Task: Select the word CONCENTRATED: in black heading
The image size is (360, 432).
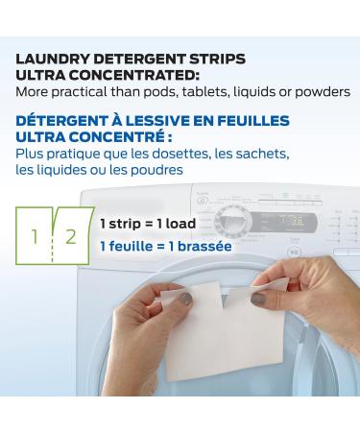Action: coord(134,76)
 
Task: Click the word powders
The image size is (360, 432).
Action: coord(323,92)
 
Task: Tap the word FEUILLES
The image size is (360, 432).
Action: coord(253,121)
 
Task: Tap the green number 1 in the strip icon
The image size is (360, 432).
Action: coord(35,237)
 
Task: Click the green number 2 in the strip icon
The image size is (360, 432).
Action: coord(71,237)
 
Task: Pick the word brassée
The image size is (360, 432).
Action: coord(204,247)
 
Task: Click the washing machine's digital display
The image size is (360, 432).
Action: coord(283,222)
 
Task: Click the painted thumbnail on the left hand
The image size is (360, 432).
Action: coord(186,299)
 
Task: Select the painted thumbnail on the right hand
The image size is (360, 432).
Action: coord(258,299)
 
